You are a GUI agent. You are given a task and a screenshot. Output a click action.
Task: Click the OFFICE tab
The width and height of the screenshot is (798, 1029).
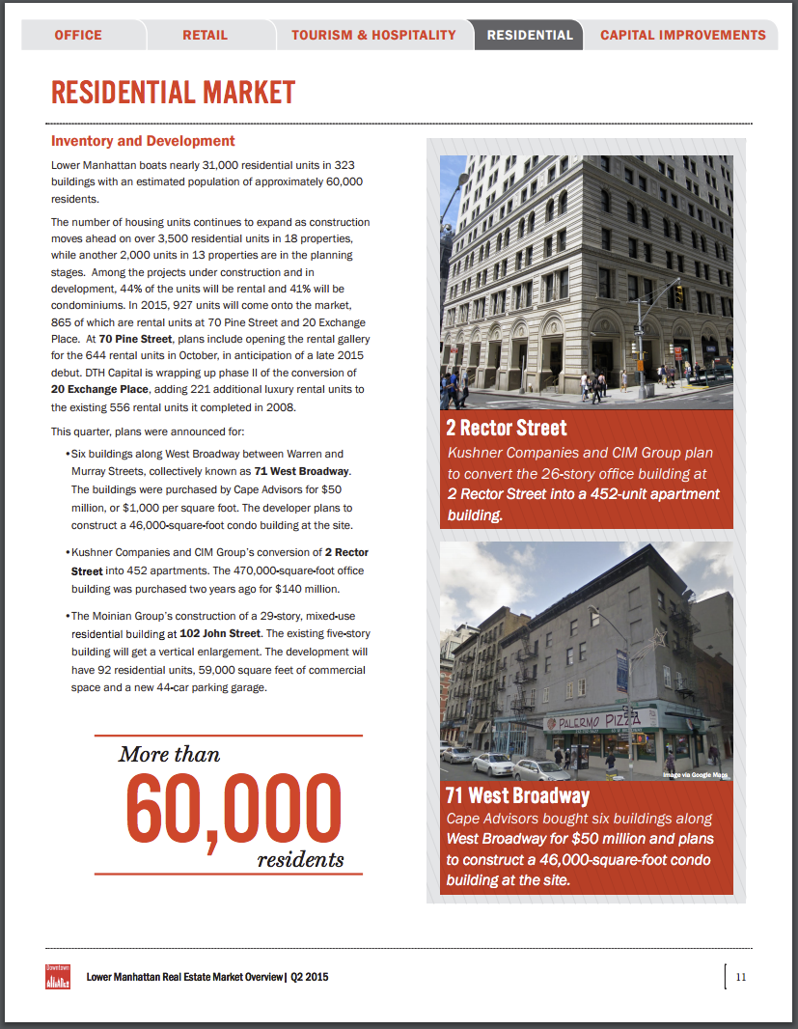pos(78,35)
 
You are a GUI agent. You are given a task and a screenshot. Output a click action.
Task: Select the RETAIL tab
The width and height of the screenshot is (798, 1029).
pos(206,35)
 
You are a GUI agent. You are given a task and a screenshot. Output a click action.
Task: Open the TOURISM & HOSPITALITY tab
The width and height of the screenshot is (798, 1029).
pos(373,35)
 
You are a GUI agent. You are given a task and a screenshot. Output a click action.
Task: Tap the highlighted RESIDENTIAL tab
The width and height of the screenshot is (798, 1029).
pos(530,35)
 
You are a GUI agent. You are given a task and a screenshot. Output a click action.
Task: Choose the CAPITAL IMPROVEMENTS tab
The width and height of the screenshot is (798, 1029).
pos(683,35)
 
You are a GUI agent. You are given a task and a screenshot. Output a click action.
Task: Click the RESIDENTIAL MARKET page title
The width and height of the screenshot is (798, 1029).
pos(174,93)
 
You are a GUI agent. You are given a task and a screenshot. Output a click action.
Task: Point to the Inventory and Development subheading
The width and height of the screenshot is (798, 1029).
pos(143,141)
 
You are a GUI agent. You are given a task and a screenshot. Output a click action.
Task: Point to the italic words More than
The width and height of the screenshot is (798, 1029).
pos(170,754)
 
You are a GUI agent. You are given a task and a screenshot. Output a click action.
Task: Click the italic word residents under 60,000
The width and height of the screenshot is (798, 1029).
pos(300,859)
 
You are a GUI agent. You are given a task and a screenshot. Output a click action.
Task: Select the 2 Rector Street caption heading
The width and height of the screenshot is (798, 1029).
pos(506,428)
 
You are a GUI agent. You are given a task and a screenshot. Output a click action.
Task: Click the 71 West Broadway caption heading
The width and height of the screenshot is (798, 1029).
pos(516,796)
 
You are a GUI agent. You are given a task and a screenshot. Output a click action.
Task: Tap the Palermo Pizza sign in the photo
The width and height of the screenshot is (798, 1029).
pos(602,721)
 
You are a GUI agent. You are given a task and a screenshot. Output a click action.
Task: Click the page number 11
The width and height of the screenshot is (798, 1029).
pos(741,976)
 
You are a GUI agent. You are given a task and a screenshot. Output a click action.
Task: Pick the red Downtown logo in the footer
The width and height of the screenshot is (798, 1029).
pos(58,976)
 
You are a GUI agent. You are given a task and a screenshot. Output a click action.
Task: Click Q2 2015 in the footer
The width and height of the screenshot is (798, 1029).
pos(310,977)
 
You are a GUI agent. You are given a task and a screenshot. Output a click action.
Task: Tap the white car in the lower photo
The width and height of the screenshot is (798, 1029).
pos(494,765)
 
